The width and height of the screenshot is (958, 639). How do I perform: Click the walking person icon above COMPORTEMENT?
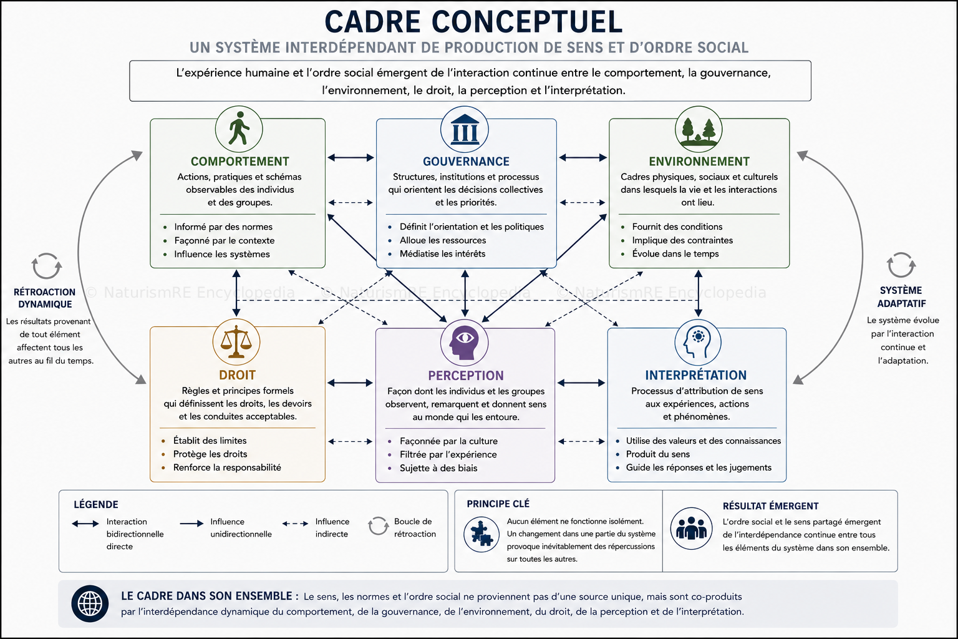point(239,129)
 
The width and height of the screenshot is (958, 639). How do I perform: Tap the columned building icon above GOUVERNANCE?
point(465,129)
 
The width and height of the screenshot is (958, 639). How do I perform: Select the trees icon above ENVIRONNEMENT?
point(699,129)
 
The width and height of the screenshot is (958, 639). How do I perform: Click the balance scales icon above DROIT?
point(236,342)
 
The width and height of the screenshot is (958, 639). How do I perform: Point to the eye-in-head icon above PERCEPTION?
point(464,343)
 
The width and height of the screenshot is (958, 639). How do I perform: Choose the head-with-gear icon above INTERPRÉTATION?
point(698,343)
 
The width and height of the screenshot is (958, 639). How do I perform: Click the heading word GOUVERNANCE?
point(466,162)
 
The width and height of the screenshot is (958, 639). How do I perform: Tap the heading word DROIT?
point(238,375)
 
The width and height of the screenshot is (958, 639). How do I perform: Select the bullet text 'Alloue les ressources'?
point(443,240)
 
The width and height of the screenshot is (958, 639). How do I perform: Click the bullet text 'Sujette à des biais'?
point(438,468)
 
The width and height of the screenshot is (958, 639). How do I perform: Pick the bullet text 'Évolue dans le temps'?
point(675,253)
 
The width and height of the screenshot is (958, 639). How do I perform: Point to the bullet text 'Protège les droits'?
point(210,454)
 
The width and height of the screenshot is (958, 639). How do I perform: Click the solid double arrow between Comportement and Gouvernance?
point(351,157)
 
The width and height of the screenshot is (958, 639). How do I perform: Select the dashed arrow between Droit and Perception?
point(351,441)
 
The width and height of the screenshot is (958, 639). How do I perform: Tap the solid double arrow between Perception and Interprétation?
point(581,383)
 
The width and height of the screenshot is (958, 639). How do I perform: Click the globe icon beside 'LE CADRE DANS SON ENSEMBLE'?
point(90,603)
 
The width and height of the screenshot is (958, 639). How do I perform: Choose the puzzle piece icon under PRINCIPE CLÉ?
point(481,534)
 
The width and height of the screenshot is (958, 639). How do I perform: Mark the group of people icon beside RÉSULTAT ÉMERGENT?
point(691,529)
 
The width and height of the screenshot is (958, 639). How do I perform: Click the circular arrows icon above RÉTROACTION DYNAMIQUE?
point(47,266)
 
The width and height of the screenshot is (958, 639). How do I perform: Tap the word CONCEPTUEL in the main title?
point(527,22)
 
